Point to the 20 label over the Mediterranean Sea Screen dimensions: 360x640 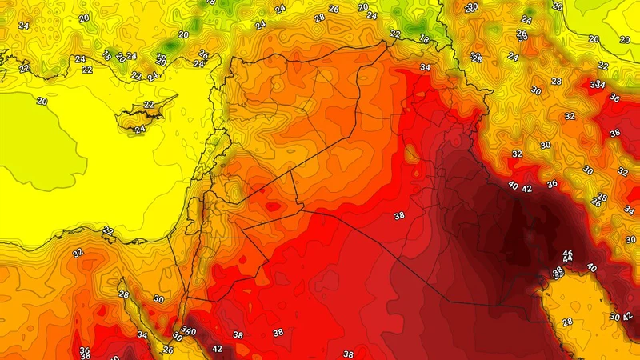[42, 102]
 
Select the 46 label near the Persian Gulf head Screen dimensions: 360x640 [567, 253]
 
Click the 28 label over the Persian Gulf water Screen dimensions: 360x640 [567, 322]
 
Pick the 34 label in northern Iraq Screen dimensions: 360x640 [425, 68]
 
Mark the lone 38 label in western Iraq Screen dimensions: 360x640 [398, 216]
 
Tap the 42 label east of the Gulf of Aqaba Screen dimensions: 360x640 [218, 349]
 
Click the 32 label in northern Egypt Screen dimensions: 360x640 [78, 253]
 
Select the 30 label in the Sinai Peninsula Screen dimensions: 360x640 [159, 300]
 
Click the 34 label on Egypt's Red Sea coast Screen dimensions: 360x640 [142, 335]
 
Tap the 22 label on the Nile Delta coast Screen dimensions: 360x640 [108, 231]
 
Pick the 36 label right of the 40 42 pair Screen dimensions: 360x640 [551, 185]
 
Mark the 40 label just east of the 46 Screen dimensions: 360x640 [592, 268]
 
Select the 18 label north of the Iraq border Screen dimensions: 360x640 [423, 39]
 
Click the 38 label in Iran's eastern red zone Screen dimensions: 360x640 [614, 134]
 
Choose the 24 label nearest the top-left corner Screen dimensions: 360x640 [24, 26]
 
